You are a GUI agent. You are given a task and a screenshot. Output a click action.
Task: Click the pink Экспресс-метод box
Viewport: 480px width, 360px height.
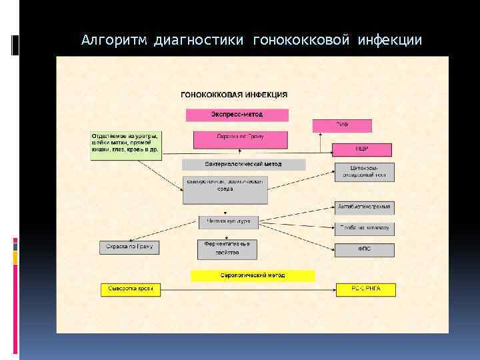pyautogui.click(x=237, y=115)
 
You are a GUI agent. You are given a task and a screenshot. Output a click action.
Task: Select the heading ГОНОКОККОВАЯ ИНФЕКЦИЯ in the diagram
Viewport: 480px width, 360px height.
pyautogui.click(x=235, y=95)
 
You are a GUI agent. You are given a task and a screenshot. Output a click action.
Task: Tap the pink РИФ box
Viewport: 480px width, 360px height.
pyautogui.click(x=343, y=126)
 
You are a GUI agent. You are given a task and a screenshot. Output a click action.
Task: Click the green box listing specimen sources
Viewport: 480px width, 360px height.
pyautogui.click(x=126, y=143)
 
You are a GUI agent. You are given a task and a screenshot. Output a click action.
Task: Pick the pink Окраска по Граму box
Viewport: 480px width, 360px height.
pyautogui.click(x=241, y=139)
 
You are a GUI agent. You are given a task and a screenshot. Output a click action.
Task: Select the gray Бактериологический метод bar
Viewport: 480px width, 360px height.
pyautogui.click(x=243, y=164)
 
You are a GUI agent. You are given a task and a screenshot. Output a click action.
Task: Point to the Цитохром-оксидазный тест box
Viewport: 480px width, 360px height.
pyautogui.click(x=364, y=172)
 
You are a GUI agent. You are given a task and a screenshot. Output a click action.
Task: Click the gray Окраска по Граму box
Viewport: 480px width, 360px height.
pyautogui.click(x=129, y=247)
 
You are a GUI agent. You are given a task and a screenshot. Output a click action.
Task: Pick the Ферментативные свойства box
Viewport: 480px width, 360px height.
pyautogui.click(x=227, y=249)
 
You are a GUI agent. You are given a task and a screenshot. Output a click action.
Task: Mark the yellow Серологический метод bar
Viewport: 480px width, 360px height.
pyautogui.click(x=253, y=275)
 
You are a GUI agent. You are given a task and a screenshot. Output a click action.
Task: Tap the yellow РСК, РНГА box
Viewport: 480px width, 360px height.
pyautogui.click(x=365, y=289)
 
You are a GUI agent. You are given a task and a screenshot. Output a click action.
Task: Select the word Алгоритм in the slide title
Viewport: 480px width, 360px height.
pyautogui.click(x=113, y=41)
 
